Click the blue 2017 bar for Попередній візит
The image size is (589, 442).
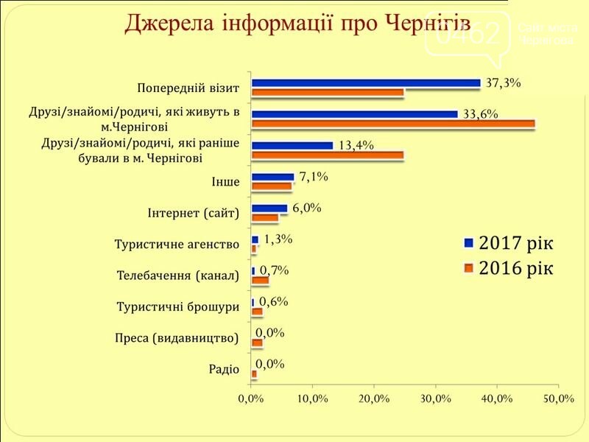[366, 83]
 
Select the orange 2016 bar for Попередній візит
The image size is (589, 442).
[328, 93]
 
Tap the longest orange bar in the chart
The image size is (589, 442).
[393, 124]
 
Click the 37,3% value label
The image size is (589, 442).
[503, 83]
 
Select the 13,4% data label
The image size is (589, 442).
[356, 145]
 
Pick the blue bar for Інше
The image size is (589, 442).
[273, 177]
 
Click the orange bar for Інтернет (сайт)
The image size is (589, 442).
[265, 218]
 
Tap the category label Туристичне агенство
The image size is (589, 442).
[177, 245]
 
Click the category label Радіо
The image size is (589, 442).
[225, 370]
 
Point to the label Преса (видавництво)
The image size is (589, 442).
[177, 339]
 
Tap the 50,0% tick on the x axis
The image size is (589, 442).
[557, 399]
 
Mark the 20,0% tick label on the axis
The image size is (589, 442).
[373, 399]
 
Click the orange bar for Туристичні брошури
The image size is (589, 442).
[257, 312]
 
